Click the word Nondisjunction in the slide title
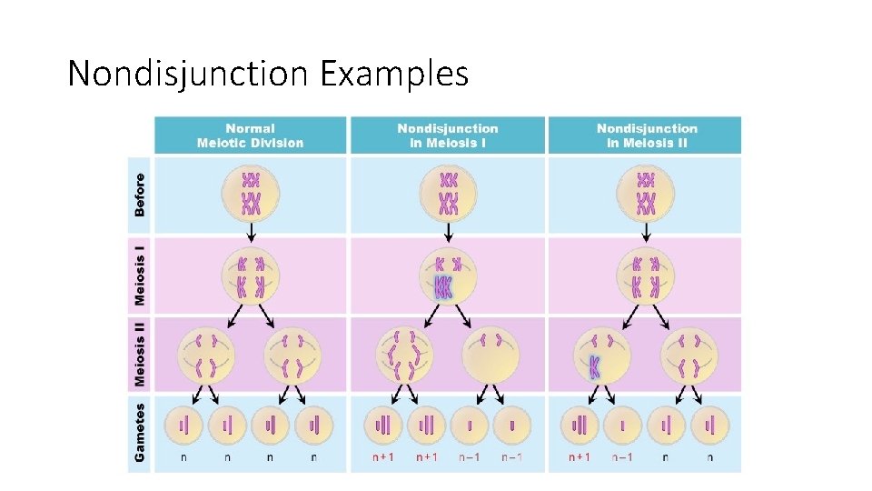tap(189, 73)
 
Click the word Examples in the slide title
tap(394, 73)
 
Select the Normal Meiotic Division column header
tap(251, 135)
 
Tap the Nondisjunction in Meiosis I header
tap(448, 135)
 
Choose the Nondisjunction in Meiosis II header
tap(647, 135)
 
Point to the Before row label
tap(140, 195)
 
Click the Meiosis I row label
tap(140, 272)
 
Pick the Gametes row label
tap(140, 432)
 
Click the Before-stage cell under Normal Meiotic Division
tap(251, 194)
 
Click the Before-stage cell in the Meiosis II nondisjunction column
tap(646, 194)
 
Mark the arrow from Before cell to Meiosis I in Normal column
tap(251, 232)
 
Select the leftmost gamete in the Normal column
tap(185, 425)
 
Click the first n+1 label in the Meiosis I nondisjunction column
tap(383, 457)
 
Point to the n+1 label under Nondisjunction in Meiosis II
tap(580, 457)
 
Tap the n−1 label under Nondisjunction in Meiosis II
tap(623, 457)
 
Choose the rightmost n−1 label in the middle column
tap(512, 457)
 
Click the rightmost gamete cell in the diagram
tap(709, 425)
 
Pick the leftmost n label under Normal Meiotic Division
tap(185, 457)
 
